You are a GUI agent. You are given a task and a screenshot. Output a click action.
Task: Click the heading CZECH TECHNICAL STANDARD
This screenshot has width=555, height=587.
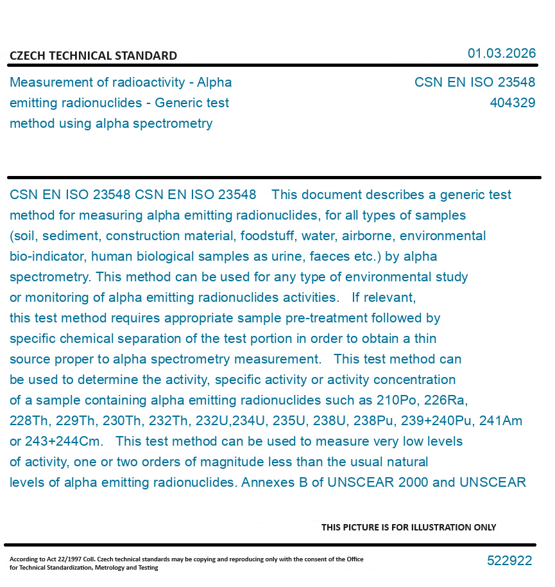click(x=93, y=56)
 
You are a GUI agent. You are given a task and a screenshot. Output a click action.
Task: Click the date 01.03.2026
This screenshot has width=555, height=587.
click(x=501, y=53)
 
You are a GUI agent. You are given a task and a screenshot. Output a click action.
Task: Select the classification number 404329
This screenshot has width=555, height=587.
click(x=512, y=103)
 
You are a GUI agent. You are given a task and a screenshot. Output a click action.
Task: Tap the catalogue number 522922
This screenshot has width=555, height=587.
click(x=509, y=561)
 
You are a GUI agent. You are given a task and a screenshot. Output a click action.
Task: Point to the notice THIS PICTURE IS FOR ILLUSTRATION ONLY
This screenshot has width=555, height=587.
click(x=409, y=527)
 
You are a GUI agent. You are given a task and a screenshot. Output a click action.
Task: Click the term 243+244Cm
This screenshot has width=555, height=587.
click(x=64, y=441)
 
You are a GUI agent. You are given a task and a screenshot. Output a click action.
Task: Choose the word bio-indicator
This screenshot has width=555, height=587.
click(x=47, y=256)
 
